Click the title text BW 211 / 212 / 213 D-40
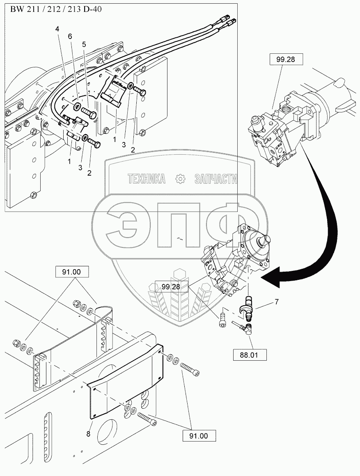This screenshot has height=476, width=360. (56, 9)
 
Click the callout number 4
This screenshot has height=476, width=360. (57, 29)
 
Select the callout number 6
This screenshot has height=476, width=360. (70, 37)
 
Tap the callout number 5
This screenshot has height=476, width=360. (84, 44)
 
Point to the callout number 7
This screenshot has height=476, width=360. (276, 302)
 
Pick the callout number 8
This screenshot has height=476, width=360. (88, 434)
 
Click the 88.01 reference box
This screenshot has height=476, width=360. (250, 355)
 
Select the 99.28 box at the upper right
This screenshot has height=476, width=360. (286, 59)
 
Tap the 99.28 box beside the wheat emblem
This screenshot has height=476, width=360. (171, 286)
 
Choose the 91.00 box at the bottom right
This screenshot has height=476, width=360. (199, 436)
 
